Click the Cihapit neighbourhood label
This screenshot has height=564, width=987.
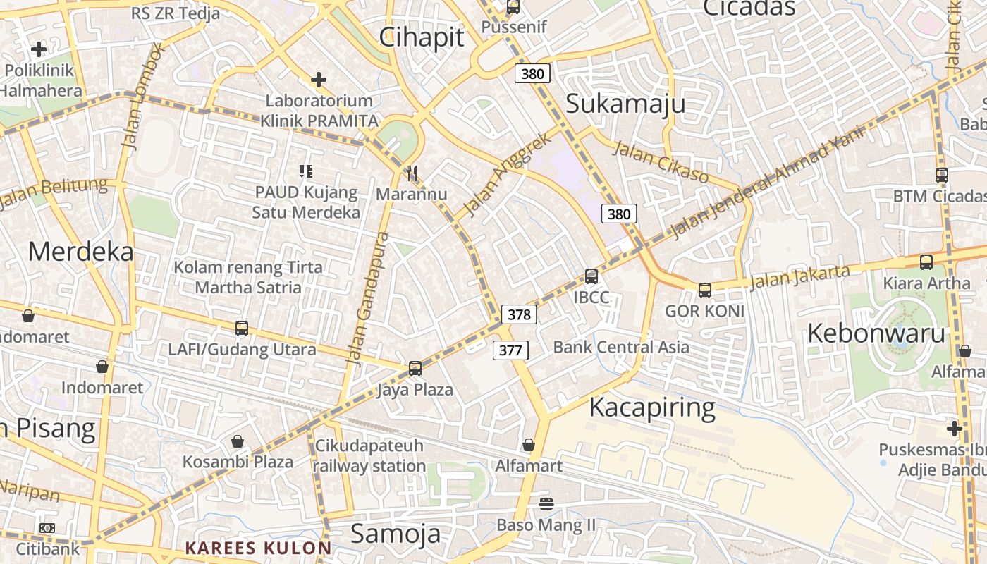coord(422,37)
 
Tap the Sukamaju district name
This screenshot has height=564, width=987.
coord(625,104)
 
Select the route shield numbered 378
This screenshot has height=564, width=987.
coord(519,314)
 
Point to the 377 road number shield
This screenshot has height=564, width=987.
coord(510,350)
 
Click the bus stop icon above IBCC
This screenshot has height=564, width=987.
coord(591,276)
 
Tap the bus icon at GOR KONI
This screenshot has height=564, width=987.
coord(704,290)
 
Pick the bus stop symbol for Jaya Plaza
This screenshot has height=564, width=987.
coord(415,368)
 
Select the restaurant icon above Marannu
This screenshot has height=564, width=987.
coord(412,173)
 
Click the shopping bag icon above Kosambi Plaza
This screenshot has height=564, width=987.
coord(238,441)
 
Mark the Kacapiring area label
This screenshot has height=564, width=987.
coord(651,407)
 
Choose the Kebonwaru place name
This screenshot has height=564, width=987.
coord(876,333)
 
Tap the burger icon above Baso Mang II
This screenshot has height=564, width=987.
coord(546,503)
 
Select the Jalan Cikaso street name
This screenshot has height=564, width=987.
coord(661,161)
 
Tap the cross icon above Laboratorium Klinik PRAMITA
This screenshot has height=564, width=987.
coord(319,80)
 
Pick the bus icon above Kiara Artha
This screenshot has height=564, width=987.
coord(926,262)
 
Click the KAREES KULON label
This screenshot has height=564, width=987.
coord(258,548)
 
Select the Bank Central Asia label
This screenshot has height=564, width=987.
coord(621,347)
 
